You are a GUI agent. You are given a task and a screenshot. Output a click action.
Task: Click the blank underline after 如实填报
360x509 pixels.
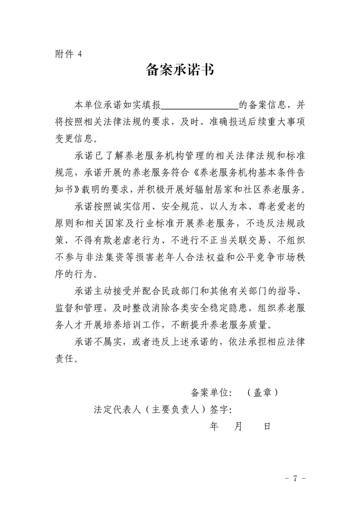200,106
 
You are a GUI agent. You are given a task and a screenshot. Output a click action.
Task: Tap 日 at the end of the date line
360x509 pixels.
267,426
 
